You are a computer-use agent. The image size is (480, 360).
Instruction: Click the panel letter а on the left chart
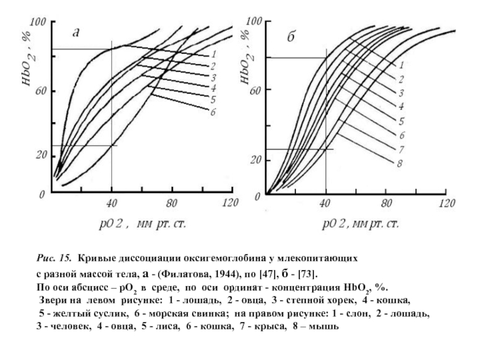[x=76, y=33]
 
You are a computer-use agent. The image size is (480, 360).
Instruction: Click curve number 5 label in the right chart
[x=400, y=120]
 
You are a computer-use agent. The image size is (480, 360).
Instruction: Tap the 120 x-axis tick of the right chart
[x=445, y=202]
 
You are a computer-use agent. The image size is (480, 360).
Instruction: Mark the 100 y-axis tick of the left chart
[x=38, y=22]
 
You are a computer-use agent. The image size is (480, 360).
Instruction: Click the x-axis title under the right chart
[x=360, y=225]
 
